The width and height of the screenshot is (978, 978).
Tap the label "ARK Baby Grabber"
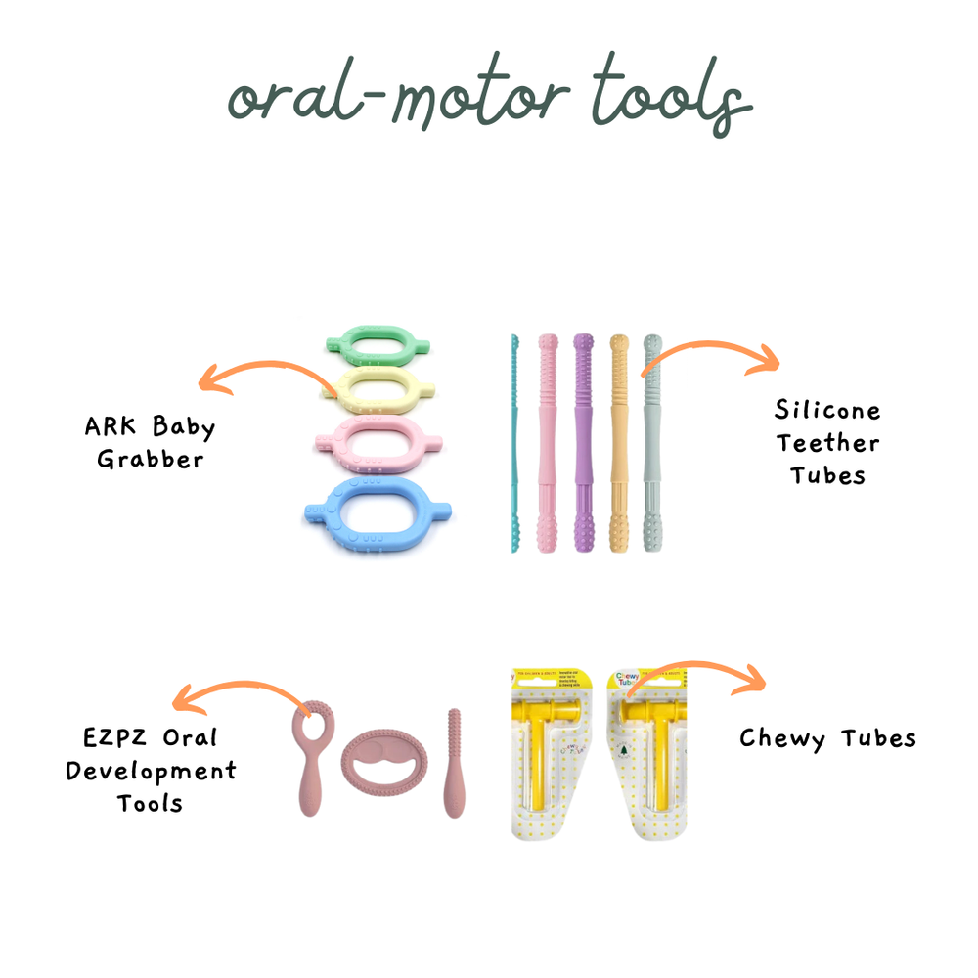[150, 443]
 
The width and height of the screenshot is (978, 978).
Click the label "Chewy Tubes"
[827, 737]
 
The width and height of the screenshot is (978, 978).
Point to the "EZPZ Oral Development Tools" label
[151, 770]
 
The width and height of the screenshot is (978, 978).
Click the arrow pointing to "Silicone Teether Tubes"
[709, 355]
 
